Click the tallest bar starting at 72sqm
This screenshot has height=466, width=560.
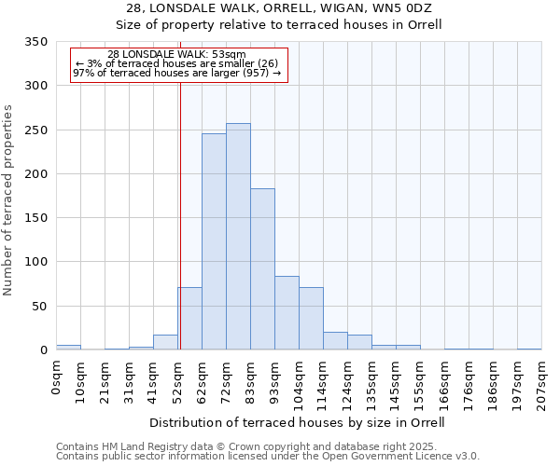tap(238, 237)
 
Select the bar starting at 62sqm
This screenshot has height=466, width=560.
tap(214, 242)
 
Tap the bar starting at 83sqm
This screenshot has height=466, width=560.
tap(262, 269)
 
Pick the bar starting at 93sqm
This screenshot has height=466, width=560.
tap(287, 313)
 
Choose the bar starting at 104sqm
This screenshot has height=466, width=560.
tap(311, 319)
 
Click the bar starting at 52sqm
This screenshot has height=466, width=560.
tap(189, 319)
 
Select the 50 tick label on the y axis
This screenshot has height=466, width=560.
tap(39, 306)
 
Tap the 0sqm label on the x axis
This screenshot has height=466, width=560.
tap(56, 377)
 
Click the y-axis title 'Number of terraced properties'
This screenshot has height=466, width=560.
tap(9, 199)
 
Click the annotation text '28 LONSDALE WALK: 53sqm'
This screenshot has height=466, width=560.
tap(176, 54)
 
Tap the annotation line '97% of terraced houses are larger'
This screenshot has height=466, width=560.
tap(176, 73)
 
